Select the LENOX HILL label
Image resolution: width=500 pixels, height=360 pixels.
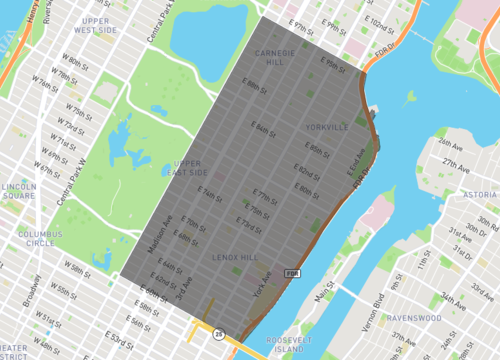(236, 258)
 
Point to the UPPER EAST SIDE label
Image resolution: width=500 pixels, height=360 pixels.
(187, 168)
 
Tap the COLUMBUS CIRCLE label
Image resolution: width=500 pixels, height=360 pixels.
(39, 238)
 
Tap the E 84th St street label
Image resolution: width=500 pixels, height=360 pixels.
(264, 130)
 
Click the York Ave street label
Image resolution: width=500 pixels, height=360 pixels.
(262, 288)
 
